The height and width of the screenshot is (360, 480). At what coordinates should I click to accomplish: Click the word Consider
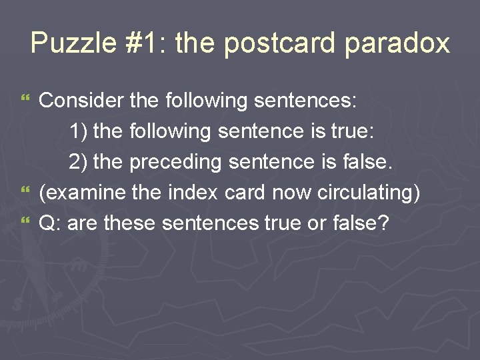tap(81, 101)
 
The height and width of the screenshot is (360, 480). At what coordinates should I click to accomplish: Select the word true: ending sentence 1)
tap(351, 131)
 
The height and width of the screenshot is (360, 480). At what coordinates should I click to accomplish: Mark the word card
tap(247, 193)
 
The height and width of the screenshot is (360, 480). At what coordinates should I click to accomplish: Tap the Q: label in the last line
tap(50, 223)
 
